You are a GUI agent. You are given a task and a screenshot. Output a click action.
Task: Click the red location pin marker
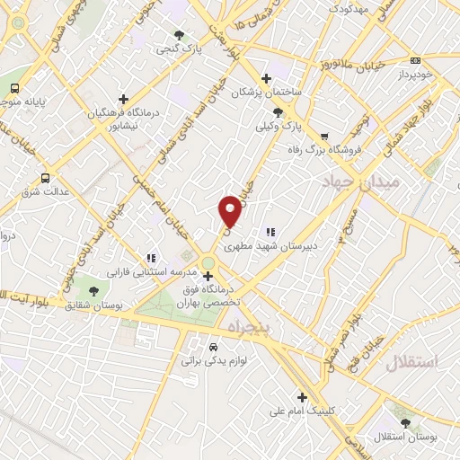(x=230, y=210)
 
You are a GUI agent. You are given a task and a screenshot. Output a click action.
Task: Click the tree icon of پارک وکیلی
(x=278, y=112)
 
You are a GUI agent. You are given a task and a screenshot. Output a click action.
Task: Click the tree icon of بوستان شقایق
(x=94, y=289)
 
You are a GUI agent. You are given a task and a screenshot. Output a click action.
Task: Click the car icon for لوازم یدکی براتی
(x=213, y=347)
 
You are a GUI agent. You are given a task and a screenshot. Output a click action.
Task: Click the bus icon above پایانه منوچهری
(x=15, y=88)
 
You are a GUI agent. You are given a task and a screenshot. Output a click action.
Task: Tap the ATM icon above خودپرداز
(x=414, y=60)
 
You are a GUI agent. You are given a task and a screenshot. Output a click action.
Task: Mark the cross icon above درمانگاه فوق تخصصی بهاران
(x=208, y=276)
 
